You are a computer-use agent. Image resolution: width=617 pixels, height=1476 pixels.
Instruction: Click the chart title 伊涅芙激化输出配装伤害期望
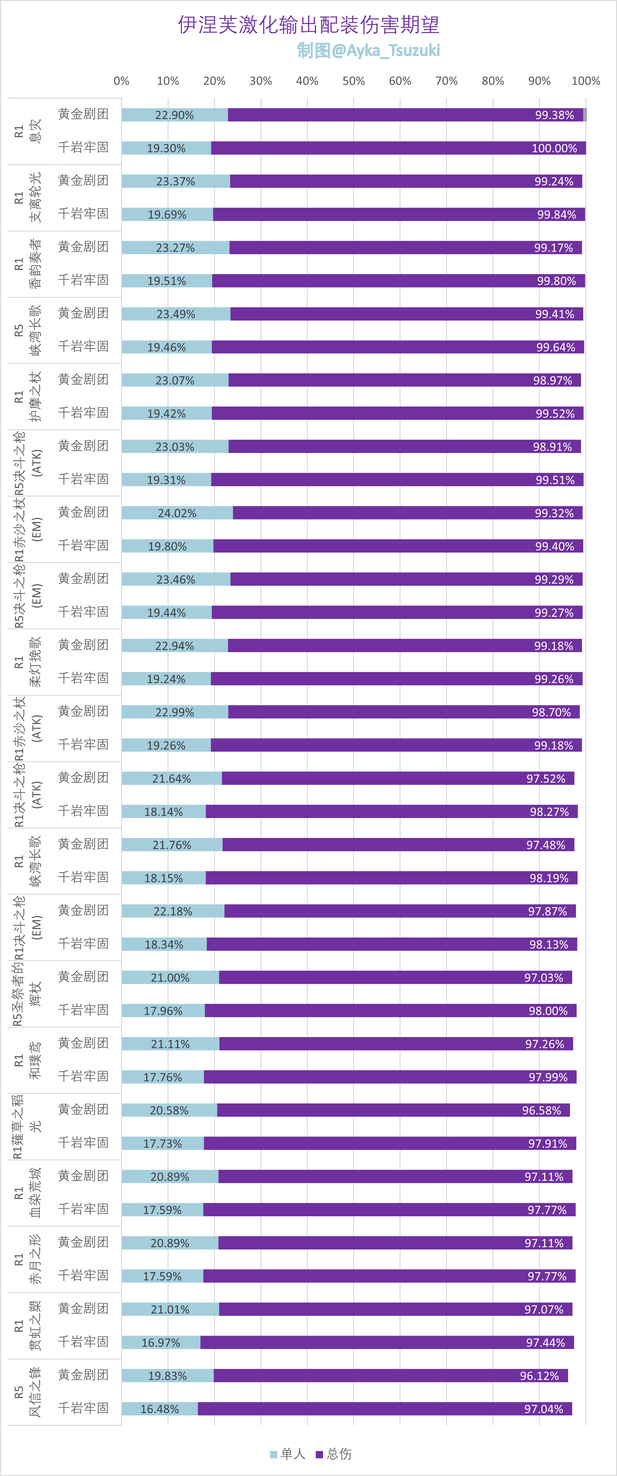point(308,25)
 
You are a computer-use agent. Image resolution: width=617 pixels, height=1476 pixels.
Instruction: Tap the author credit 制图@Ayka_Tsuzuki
point(368,51)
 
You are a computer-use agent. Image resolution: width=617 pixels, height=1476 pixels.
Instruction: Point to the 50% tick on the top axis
point(353,81)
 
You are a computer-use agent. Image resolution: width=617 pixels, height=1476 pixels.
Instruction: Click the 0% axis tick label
point(121,81)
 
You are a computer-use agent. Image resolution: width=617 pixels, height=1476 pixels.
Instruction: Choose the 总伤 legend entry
point(334,1454)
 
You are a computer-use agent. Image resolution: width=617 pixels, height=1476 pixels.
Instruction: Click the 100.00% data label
point(554,149)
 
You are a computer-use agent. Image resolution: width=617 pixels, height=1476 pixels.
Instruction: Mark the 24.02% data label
point(177,513)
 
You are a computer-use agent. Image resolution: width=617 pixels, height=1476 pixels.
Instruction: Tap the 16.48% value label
point(160,1409)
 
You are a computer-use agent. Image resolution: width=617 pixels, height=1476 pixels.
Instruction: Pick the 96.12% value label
point(539,1376)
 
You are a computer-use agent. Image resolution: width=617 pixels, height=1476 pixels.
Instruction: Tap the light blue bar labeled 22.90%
point(175,115)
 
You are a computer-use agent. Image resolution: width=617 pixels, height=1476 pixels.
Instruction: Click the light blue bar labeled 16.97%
point(161,1343)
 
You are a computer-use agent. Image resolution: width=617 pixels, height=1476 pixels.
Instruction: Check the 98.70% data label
point(551,712)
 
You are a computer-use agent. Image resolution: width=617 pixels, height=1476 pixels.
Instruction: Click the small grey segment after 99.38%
point(585,115)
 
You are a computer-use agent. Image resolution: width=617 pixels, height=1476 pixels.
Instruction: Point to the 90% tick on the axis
point(539,81)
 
